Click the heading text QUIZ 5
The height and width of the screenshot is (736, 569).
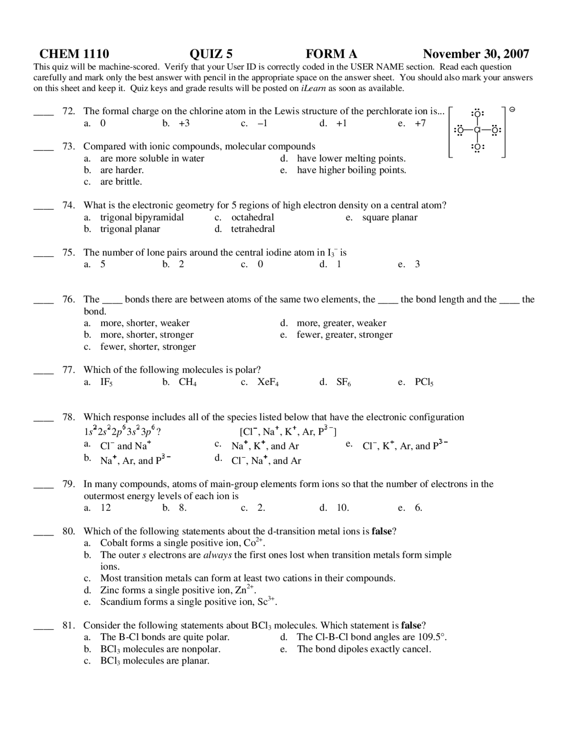[211, 54]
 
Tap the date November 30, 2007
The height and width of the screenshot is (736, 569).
[476, 54]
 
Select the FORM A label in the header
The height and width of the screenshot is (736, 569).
[331, 54]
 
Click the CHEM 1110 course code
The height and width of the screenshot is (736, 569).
[74, 54]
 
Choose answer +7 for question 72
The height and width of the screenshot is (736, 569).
[420, 123]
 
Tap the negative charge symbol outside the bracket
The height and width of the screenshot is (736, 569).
[512, 109]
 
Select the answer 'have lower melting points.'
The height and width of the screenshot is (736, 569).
[351, 158]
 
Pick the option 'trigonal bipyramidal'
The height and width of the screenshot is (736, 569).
[142, 217]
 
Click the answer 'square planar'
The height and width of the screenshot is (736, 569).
[390, 217]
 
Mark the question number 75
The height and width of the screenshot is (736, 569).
[68, 252]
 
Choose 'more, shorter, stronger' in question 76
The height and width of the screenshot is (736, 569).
[147, 335]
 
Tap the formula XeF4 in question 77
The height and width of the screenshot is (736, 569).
[268, 382]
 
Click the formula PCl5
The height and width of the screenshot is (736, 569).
[424, 382]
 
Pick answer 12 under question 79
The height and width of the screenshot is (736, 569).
[106, 508]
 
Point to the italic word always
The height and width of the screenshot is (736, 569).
[217, 555]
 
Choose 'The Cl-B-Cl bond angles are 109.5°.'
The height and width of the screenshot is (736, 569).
[372, 637]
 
